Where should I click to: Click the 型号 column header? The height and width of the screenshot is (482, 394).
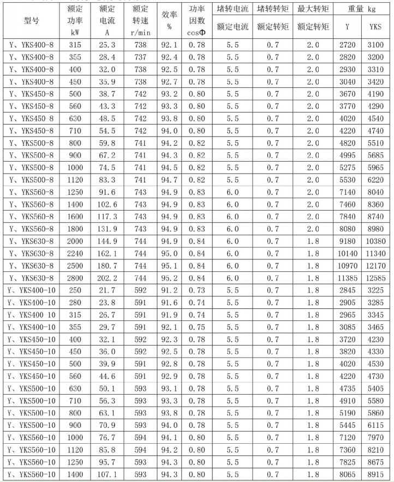click(31, 21)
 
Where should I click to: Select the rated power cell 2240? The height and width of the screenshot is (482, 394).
click(76, 253)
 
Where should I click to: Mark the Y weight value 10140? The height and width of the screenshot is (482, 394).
click(348, 253)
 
